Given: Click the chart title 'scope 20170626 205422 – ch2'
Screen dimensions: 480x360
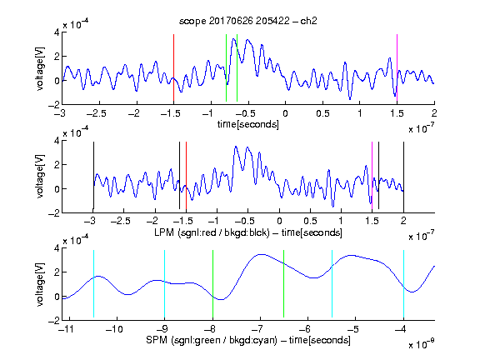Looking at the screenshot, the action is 247,21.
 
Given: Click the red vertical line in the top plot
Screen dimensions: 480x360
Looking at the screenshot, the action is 173,67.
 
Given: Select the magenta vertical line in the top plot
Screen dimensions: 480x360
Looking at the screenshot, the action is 397,67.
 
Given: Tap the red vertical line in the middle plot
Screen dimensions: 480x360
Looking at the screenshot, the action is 186,175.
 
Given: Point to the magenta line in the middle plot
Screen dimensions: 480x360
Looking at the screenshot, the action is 372,175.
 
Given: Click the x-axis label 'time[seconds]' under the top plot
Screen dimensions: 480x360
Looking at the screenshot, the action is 248,124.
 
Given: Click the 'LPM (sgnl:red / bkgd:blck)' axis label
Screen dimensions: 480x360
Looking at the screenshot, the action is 212,232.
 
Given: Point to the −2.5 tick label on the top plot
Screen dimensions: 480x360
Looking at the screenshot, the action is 97,113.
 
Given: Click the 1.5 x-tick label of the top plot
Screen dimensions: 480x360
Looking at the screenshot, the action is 397,113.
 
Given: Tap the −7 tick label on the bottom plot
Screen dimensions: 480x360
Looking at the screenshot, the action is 257,329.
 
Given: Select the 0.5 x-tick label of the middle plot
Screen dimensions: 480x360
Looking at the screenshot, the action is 310,221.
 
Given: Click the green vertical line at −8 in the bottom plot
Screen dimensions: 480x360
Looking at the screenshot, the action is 212,284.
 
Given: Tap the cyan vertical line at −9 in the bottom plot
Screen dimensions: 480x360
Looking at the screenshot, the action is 164,284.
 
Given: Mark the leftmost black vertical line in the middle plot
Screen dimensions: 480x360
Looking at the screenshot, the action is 93,175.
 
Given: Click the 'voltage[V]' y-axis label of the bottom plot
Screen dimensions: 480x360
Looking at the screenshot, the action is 40,284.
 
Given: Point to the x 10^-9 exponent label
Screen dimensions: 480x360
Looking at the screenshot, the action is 422,344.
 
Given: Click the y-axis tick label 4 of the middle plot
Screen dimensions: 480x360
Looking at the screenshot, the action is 57,141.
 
